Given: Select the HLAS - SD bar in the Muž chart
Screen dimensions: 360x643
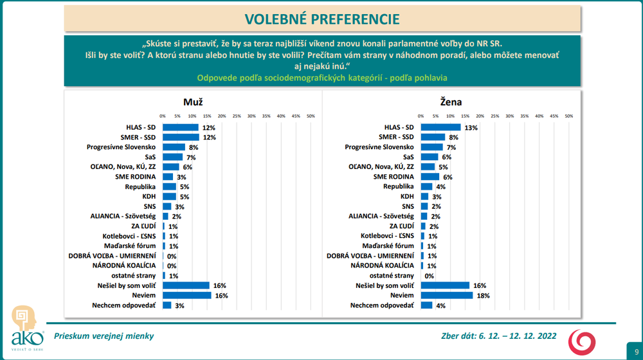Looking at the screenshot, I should point(181,127).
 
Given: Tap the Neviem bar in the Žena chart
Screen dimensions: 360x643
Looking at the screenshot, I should point(447,295).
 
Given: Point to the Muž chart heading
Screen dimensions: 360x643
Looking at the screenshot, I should point(193,102).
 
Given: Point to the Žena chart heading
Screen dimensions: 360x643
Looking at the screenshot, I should point(451,102).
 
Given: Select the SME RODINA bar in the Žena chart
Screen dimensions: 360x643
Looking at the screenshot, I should point(430,177).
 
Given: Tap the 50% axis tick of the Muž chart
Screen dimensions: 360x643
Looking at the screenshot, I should point(311,116).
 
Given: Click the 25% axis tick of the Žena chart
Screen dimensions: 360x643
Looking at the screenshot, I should point(494,116).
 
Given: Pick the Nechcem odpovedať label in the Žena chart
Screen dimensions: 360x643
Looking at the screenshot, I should point(383,305).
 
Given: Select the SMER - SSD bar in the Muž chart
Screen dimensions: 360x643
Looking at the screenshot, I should point(181,138).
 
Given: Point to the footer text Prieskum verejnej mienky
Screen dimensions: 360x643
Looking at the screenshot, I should point(104,336).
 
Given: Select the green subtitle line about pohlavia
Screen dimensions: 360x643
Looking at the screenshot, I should point(322,78).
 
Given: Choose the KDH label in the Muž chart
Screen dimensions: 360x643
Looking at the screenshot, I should point(148,197).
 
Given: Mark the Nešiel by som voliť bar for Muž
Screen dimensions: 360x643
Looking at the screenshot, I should point(186,285).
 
